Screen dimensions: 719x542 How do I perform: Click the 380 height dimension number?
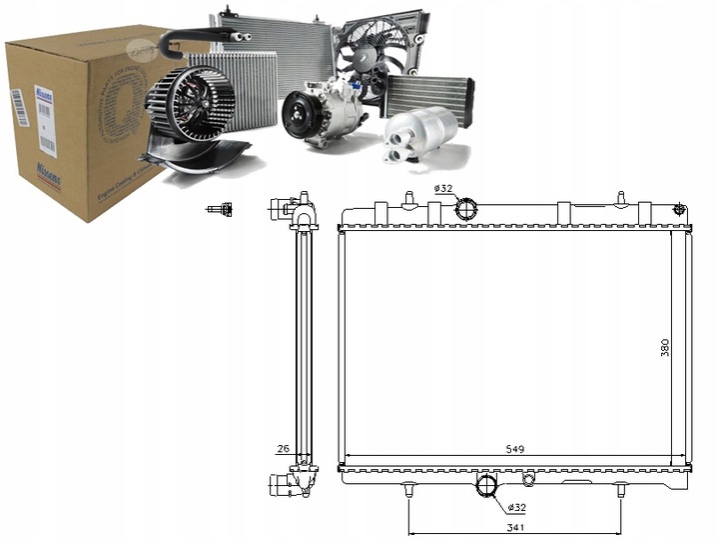point(664,347)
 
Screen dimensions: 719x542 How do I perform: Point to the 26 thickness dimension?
point(283,449)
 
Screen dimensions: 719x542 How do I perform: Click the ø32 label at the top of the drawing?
point(442,189)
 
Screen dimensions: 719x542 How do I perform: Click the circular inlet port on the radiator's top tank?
point(466,209)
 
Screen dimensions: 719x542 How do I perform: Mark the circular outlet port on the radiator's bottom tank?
point(487,486)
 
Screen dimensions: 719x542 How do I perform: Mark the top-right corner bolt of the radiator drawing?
point(680,209)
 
